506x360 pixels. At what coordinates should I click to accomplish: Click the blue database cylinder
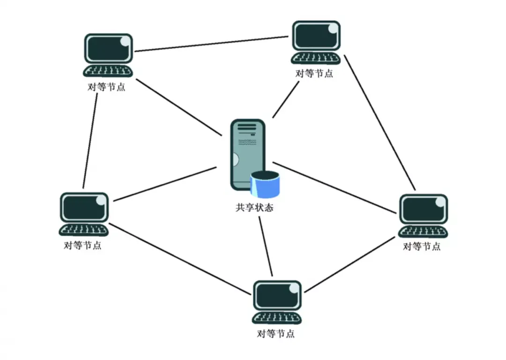tap(265, 184)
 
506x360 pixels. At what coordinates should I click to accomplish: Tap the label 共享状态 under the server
tap(254, 207)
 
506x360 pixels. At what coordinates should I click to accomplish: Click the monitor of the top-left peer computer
tap(108, 48)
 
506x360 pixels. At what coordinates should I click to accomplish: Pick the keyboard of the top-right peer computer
tap(316, 58)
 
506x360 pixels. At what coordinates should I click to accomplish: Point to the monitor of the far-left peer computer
tap(84, 207)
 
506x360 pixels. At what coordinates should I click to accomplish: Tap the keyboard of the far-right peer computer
tap(423, 231)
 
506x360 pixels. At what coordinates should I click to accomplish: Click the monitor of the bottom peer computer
tap(277, 295)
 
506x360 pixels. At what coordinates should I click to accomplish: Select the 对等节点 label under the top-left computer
tap(106, 87)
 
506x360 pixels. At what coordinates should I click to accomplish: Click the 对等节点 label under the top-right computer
tap(314, 73)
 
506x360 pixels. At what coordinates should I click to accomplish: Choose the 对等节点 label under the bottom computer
tap(276, 333)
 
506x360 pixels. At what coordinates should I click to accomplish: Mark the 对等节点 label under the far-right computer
tap(422, 247)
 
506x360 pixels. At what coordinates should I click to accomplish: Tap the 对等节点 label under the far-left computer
tap(82, 245)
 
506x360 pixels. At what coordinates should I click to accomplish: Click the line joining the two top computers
tap(211, 44)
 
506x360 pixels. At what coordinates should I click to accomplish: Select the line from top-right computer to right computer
tap(380, 123)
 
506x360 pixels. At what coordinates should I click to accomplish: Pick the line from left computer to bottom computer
tap(180, 259)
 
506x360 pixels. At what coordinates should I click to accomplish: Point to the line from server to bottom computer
tap(266, 247)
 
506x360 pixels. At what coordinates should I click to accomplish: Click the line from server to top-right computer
tap(286, 99)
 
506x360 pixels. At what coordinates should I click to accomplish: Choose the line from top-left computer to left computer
tap(90, 141)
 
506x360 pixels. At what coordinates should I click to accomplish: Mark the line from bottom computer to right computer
tap(350, 265)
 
